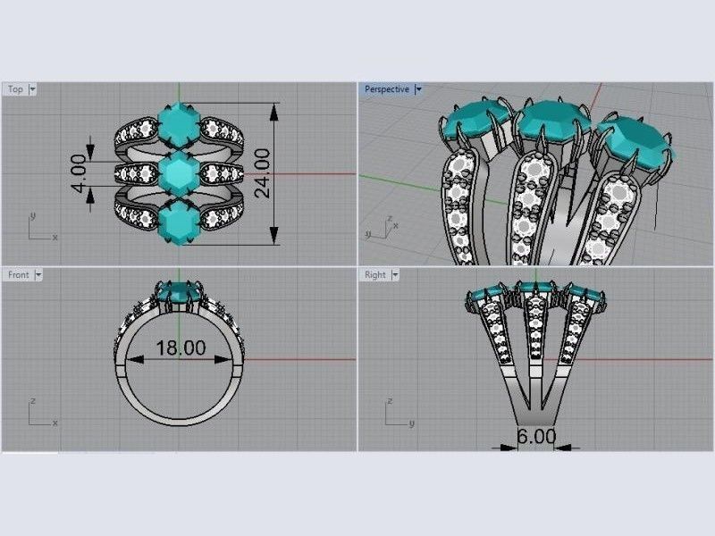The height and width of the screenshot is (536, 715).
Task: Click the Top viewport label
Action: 15,89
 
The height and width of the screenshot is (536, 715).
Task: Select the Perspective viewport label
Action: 386,89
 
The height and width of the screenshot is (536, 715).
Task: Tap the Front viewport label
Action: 18,275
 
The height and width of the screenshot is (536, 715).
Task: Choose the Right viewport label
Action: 375,275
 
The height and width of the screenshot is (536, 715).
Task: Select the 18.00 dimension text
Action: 181,348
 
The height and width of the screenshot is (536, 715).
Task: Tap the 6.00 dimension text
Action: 536,438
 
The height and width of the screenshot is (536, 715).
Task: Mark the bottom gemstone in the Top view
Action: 179,220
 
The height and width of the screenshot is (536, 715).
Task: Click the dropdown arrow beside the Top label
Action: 33,89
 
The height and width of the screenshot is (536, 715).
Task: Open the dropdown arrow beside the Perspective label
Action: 418,89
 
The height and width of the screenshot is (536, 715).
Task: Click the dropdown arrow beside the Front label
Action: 38,275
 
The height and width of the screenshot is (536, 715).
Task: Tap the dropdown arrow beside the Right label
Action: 395,275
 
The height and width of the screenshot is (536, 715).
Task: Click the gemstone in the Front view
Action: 179,292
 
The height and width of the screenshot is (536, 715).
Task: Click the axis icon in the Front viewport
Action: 40,413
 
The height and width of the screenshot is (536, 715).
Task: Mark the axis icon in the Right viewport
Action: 398,413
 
